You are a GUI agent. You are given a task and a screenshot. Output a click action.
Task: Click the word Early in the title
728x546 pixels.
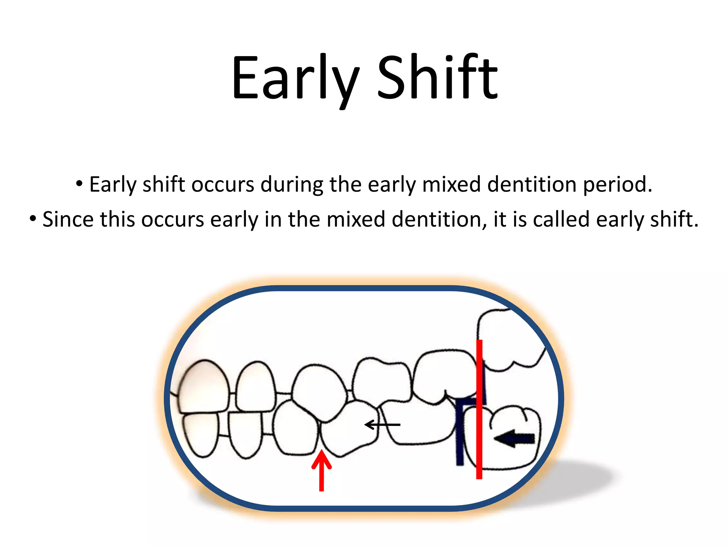[295, 77]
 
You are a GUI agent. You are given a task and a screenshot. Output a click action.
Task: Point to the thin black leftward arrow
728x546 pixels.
[382, 424]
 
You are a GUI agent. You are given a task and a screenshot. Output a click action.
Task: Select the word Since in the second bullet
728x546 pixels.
[68, 219]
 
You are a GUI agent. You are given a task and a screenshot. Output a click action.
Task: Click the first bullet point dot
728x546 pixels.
[79, 184]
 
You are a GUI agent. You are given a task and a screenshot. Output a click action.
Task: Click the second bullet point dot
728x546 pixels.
[33, 219]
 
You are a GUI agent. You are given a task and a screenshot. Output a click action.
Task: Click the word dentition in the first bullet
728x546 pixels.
[532, 185]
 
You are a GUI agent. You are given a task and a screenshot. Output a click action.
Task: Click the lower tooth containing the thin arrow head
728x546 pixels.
[350, 428]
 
